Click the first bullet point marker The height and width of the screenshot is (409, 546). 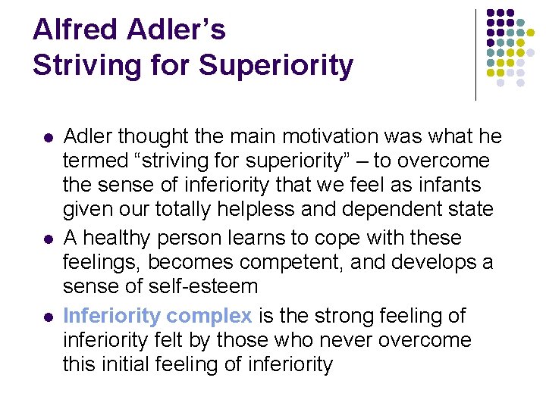pyautogui.click(x=47, y=138)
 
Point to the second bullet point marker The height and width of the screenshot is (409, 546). pyautogui.click(x=47, y=239)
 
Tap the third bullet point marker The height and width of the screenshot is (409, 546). pyautogui.click(x=47, y=316)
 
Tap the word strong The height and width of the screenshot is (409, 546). pyautogui.click(x=350, y=314)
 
